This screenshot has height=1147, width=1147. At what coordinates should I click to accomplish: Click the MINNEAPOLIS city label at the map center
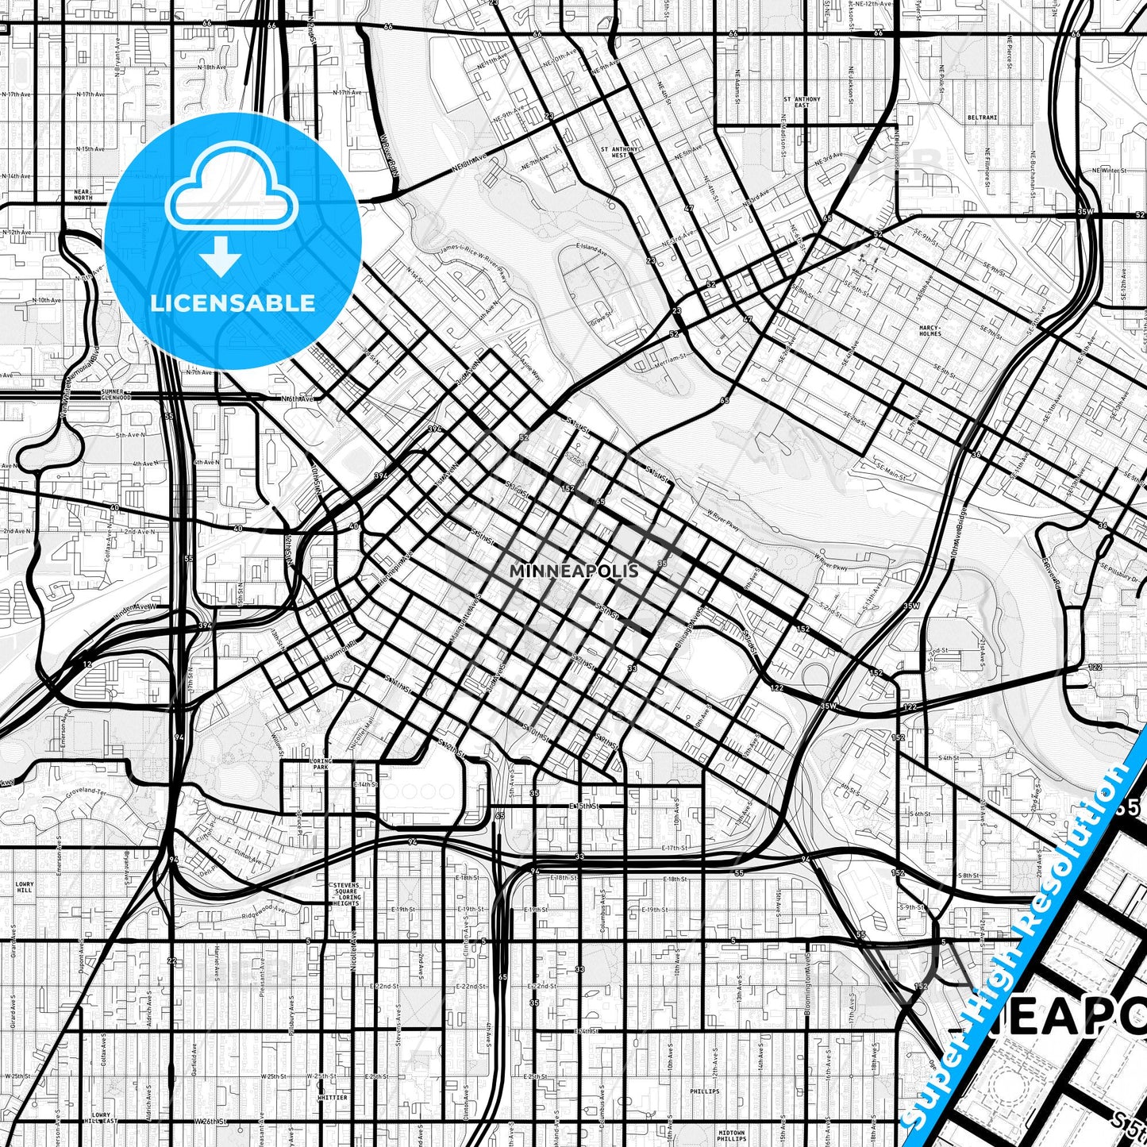tap(574, 571)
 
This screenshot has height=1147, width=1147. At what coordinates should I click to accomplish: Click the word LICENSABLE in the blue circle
tap(233, 303)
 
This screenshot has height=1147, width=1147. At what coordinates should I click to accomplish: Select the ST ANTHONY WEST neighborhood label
tap(619, 152)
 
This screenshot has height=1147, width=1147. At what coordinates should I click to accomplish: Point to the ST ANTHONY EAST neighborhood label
tap(802, 102)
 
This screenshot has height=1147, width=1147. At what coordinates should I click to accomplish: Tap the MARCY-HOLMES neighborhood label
tap(930, 330)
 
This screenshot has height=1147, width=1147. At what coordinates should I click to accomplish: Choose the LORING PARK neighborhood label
tap(321, 764)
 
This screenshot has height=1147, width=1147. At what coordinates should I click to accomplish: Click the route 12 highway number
tap(87, 663)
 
